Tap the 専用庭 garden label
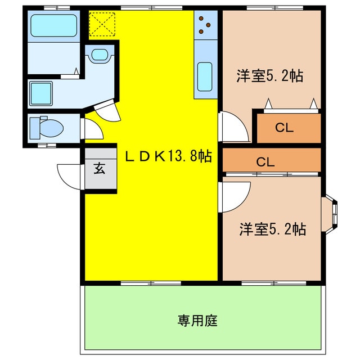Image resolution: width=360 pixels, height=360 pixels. pyautogui.click(x=197, y=321)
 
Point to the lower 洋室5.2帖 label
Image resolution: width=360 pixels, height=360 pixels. pyautogui.click(x=273, y=229)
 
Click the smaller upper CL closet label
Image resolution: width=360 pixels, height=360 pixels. pyautogui.click(x=284, y=128)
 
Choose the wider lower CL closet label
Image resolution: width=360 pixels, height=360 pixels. pyautogui.click(x=265, y=162)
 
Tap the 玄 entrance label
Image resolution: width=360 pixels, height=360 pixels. pyautogui.click(x=99, y=168)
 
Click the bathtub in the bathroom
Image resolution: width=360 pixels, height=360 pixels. pyautogui.click(x=53, y=26)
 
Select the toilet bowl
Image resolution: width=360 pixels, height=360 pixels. pyautogui.click(x=48, y=127)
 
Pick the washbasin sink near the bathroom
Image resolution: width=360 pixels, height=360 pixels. pyautogui.click(x=100, y=55)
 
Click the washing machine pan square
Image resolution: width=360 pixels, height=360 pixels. pyautogui.click(x=41, y=91)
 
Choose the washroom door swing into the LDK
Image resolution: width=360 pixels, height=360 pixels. pyautogui.click(x=107, y=110)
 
